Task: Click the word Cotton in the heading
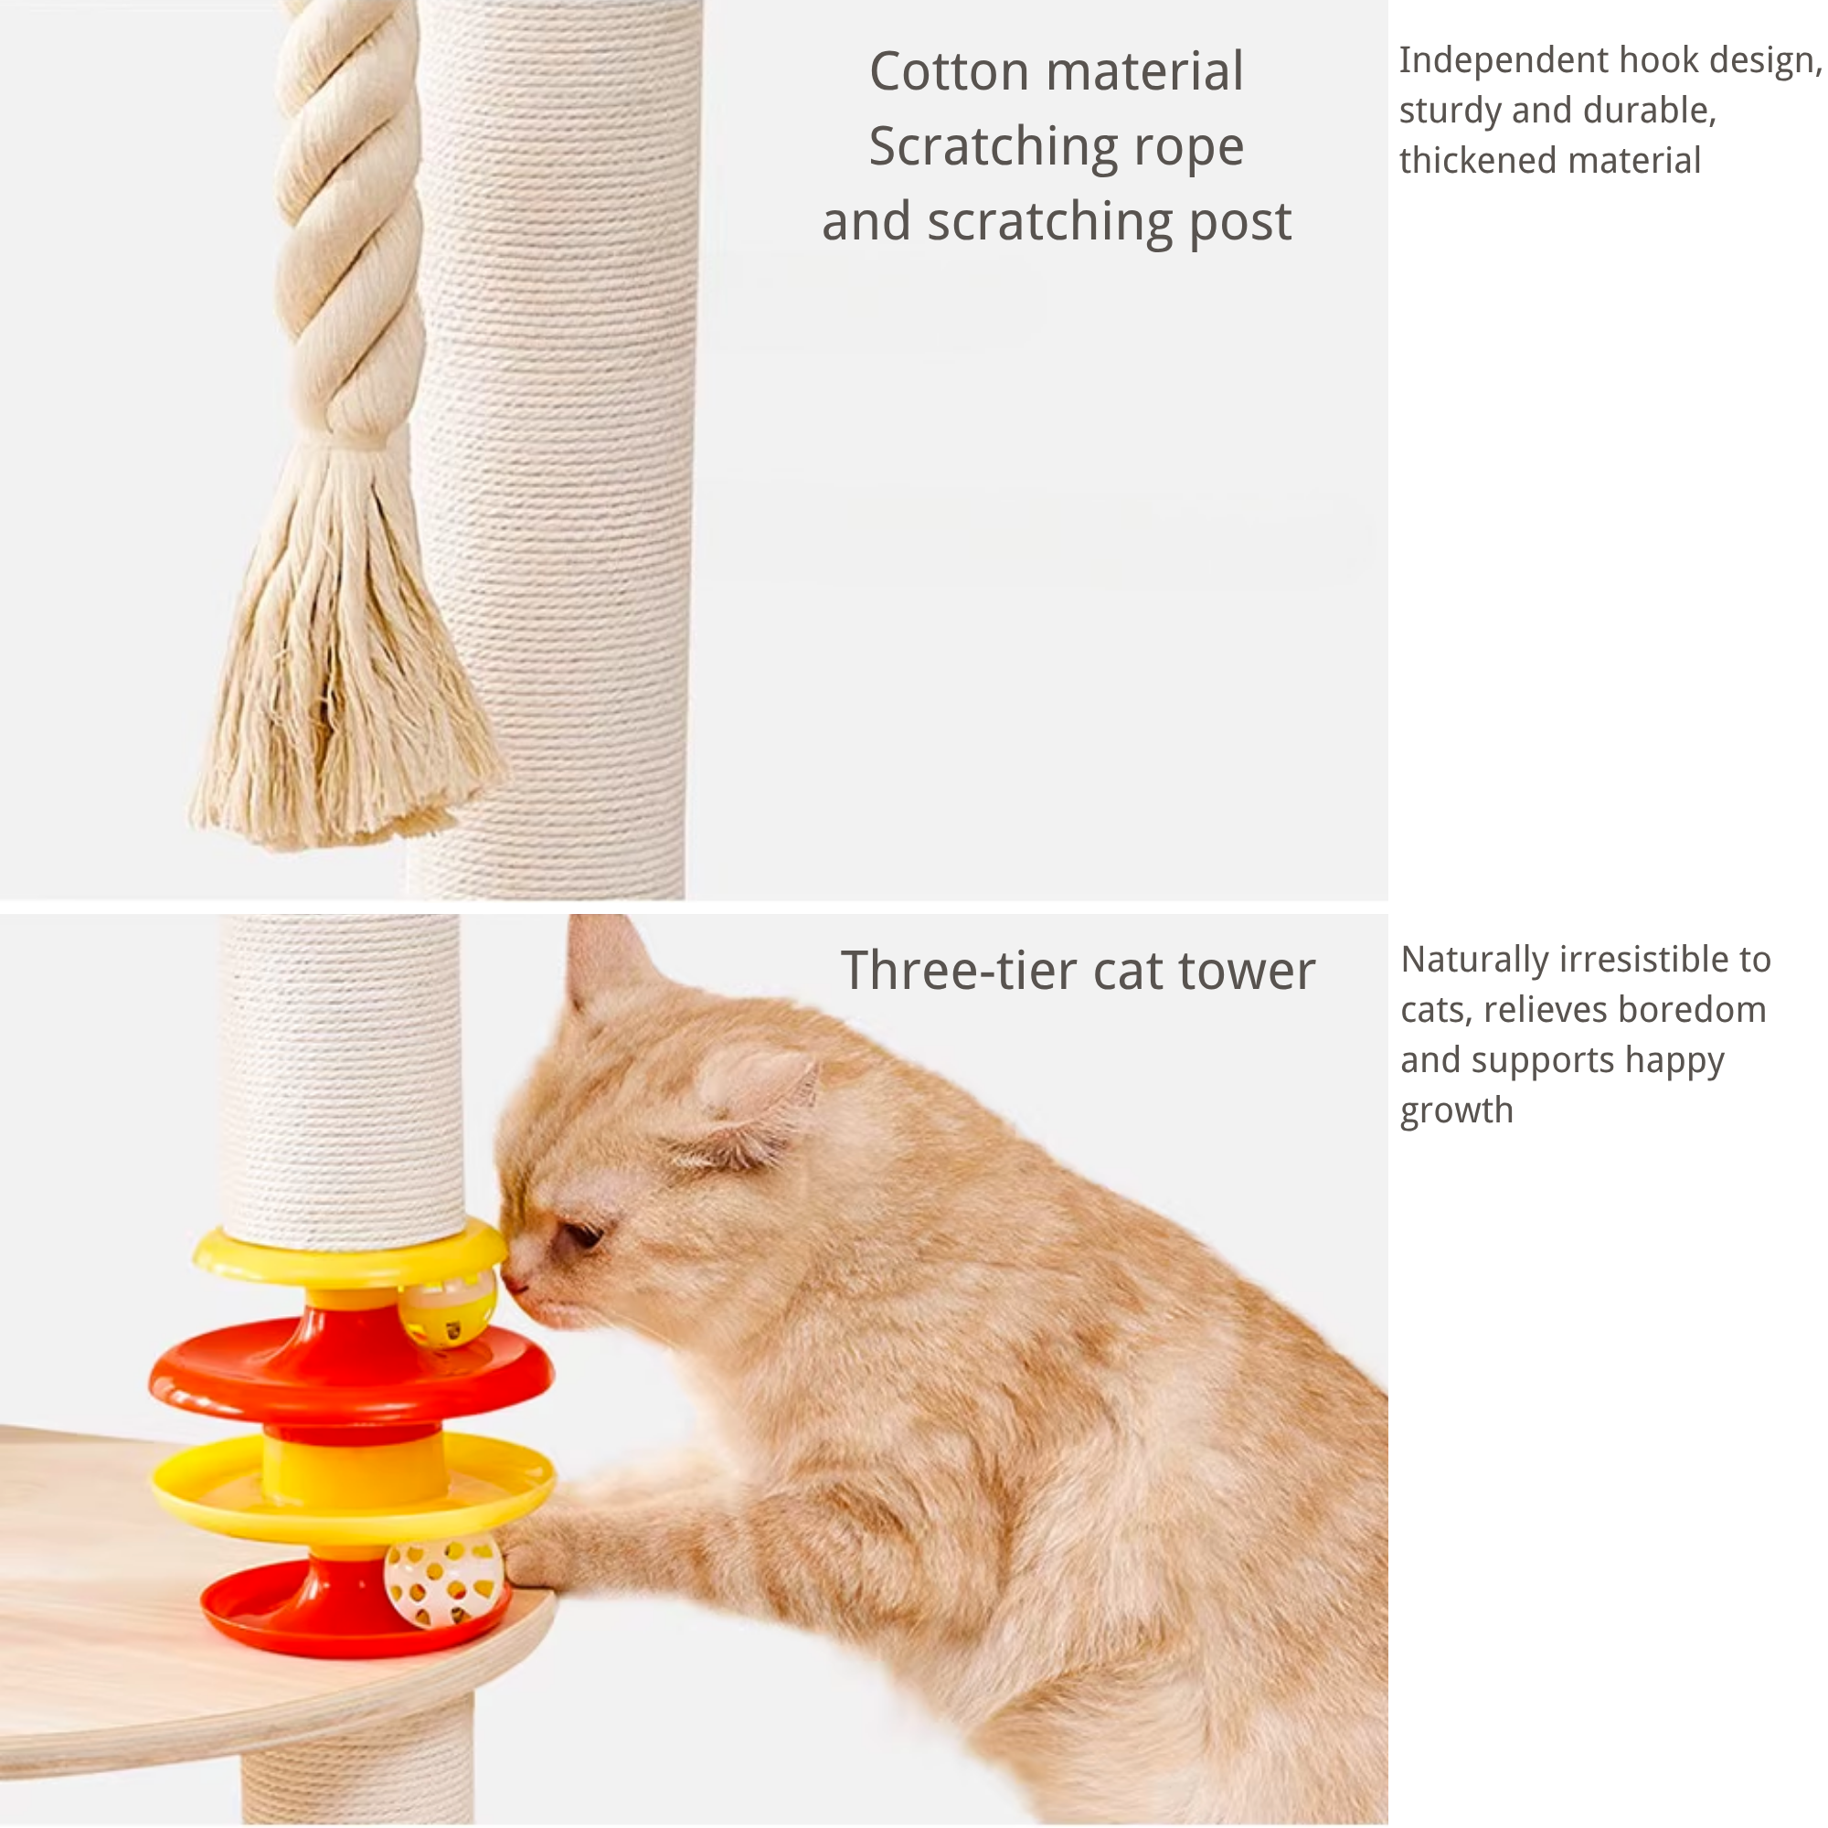tap(948, 73)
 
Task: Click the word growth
tap(1456, 1111)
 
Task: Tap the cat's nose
tap(514, 1282)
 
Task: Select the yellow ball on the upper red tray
tap(447, 1309)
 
